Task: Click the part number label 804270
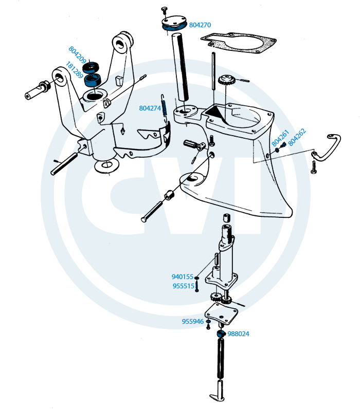200,25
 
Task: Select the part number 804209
77,55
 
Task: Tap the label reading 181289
75,70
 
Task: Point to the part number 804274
150,108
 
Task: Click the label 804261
280,138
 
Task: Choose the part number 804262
297,137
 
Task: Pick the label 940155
182,277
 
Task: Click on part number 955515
184,286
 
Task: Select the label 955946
193,321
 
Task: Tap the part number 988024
238,334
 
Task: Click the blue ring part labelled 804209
91,67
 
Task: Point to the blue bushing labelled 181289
93,80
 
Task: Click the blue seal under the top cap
174,27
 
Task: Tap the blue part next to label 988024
221,333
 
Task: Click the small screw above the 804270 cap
164,11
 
